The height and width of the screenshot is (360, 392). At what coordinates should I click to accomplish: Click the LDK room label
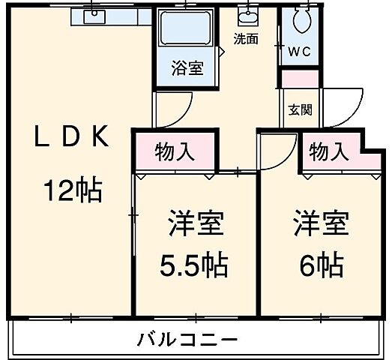[72, 138]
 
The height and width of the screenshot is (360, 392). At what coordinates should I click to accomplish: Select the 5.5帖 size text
[195, 265]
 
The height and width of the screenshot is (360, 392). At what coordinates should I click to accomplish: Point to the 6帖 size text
[320, 264]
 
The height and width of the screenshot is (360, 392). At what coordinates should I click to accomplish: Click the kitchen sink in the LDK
[95, 16]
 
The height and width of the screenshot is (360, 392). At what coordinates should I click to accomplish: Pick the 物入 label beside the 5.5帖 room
[175, 151]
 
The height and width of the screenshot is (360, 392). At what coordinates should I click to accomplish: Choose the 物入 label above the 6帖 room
[329, 151]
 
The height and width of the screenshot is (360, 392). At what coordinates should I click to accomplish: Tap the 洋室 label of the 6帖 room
[321, 223]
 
